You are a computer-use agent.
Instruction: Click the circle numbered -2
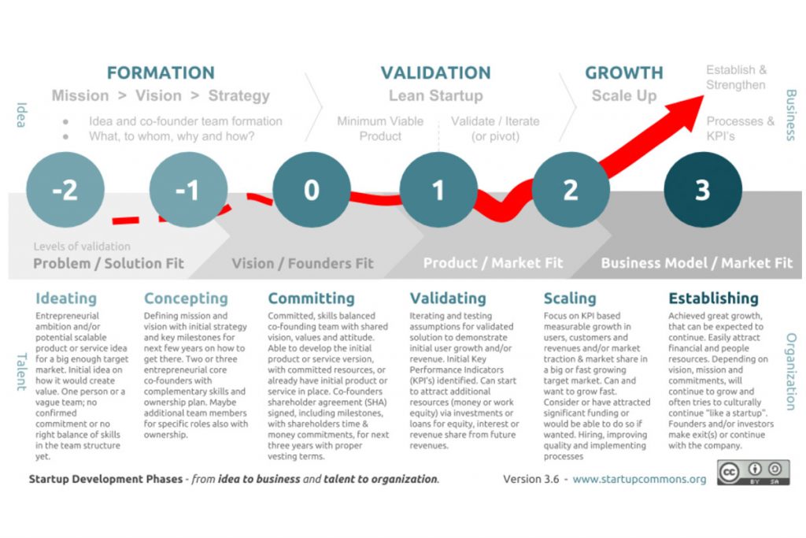[65, 191]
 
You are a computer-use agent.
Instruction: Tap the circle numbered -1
[187, 191]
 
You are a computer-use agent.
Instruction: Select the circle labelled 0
[312, 191]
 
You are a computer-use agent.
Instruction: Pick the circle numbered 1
[438, 191]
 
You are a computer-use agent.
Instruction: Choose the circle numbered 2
[571, 191]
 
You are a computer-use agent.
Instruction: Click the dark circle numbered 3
[702, 191]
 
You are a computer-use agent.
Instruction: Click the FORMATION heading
[161, 73]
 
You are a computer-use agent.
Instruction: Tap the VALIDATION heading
[435, 73]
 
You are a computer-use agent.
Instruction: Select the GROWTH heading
[624, 73]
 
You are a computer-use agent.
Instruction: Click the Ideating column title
[66, 299]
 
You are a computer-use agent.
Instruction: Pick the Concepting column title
[186, 299]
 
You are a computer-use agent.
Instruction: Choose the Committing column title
[312, 299]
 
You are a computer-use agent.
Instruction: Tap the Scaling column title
[570, 299]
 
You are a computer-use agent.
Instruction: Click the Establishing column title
[713, 299]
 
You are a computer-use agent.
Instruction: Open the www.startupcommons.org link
[639, 479]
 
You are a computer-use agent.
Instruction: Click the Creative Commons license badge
[753, 473]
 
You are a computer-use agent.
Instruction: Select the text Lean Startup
[435, 96]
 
